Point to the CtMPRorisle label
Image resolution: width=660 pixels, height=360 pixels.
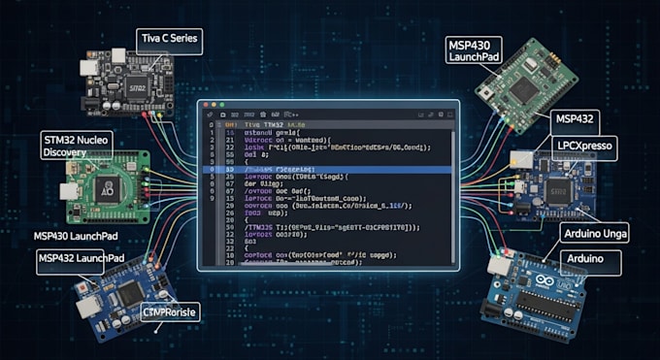pyautogui.click(x=170, y=313)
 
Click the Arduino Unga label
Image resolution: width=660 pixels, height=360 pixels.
pyautogui.click(x=594, y=233)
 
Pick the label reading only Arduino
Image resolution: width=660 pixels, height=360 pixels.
pyautogui.click(x=585, y=259)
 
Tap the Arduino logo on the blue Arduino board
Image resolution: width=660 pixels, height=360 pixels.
pyautogui.click(x=537, y=286)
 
